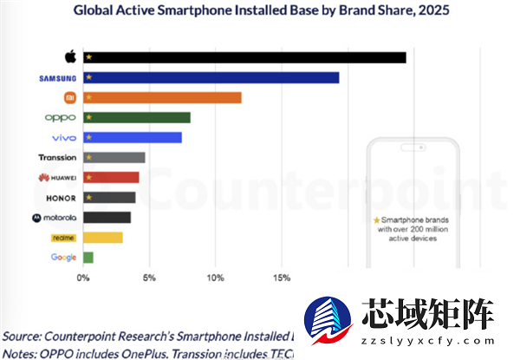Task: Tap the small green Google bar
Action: point(88,257)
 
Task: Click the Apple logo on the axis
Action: point(70,56)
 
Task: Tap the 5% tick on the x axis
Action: point(149,278)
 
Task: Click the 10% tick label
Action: point(216,278)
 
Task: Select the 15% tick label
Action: point(282,278)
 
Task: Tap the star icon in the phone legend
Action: point(376,221)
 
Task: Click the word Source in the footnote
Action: point(25,335)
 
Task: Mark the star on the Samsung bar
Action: point(88,78)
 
